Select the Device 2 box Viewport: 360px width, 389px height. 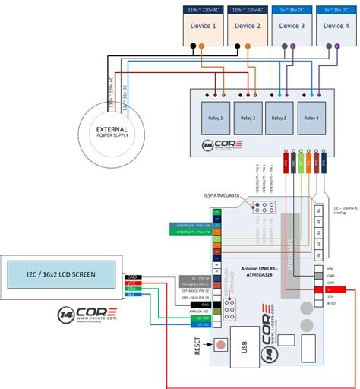pyautogui.click(x=246, y=26)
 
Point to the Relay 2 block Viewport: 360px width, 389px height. pyautogui.click(x=247, y=119)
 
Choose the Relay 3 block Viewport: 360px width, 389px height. pyautogui.click(x=279, y=119)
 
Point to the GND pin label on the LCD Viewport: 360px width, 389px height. pyautogui.click(x=131, y=277)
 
